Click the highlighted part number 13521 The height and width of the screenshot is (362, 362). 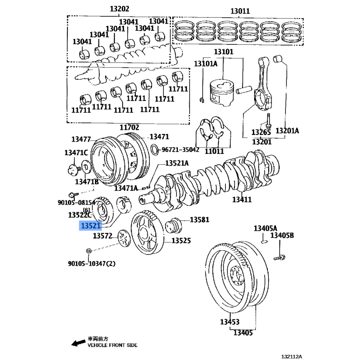coord(90,225)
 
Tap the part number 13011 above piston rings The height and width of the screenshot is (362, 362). coord(240,10)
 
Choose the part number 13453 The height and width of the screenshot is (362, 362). coord(230,322)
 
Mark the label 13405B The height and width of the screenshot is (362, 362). coord(282,235)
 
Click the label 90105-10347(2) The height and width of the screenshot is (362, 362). coord(91,263)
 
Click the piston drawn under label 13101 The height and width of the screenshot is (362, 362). coord(222,92)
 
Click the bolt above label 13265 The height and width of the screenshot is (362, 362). coord(269,119)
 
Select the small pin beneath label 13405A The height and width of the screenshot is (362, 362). coord(265,241)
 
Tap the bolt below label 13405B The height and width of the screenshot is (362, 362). coord(279,257)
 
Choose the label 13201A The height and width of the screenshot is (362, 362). coord(288,131)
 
